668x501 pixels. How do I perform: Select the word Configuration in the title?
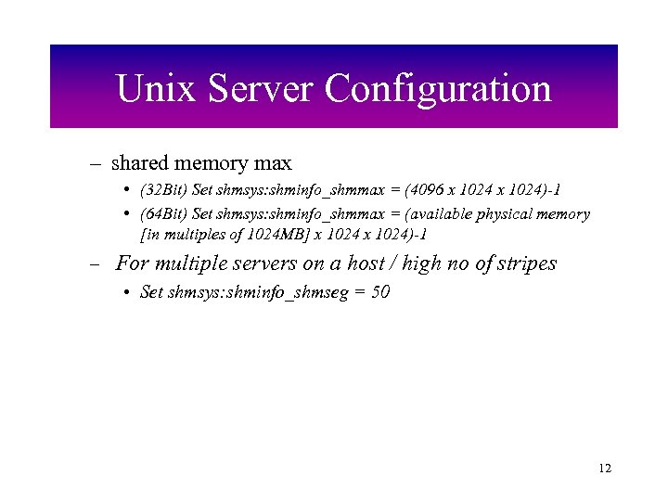[438, 90]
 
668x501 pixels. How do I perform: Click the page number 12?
[605, 469]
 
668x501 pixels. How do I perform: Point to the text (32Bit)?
[162, 189]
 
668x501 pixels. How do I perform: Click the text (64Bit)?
[162, 213]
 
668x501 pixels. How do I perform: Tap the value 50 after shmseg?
[379, 292]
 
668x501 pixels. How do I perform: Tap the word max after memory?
[272, 163]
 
